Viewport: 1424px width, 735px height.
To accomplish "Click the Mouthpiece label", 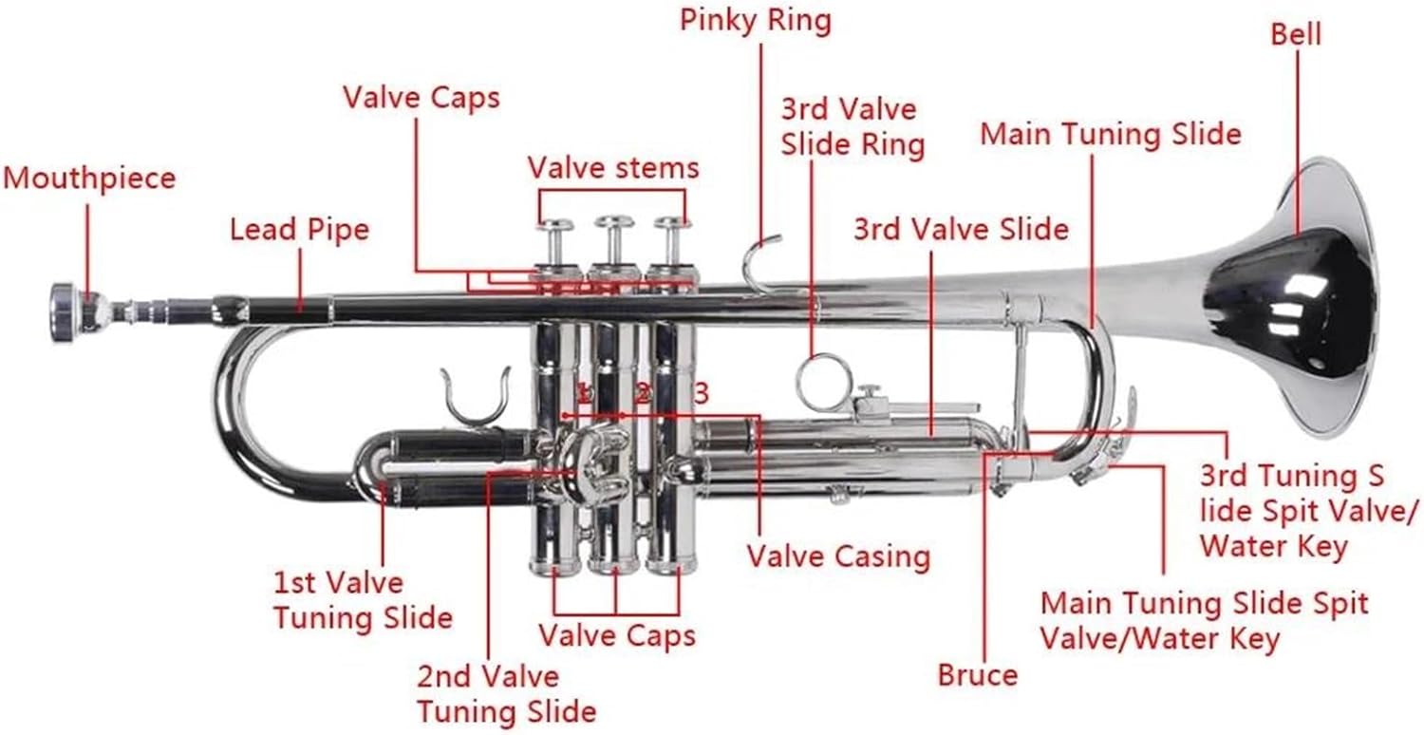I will [89, 178].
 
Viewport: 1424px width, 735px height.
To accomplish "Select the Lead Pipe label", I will [299, 229].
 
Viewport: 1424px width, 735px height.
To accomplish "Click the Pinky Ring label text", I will [756, 20].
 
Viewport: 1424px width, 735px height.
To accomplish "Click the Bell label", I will [1296, 34].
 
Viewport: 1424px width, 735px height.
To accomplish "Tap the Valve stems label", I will [613, 168].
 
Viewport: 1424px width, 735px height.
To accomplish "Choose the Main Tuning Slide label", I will [1111, 133].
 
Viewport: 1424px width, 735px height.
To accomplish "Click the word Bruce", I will [977, 675].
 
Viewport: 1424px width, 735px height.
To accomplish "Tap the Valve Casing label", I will [837, 556].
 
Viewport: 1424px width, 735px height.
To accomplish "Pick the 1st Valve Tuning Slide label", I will [362, 599].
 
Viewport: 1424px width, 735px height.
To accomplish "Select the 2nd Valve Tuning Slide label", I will [506, 693].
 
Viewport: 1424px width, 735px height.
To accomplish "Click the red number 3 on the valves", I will [701, 392].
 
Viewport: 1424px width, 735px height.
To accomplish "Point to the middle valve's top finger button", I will [614, 224].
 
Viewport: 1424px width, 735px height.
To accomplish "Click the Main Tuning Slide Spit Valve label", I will [1204, 620].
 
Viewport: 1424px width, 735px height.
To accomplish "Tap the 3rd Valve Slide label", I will [961, 229].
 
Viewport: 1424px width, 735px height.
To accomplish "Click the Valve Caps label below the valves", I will [617, 634].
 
